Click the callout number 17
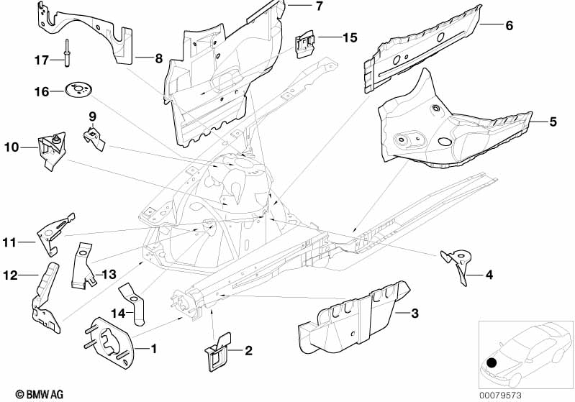tap(42, 60)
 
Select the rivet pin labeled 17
tap(68, 53)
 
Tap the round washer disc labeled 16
tap(78, 90)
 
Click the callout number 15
tap(350, 37)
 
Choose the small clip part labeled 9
tap(94, 139)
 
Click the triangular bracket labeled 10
tap(52, 150)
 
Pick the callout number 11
tap(9, 242)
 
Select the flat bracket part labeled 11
tap(55, 234)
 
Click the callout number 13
tap(109, 274)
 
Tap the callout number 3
tap(415, 314)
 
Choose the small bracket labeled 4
tap(457, 264)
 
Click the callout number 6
tap(509, 26)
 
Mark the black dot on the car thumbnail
tap(492, 362)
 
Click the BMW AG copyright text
tap(40, 394)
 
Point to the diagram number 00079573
tap(501, 396)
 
